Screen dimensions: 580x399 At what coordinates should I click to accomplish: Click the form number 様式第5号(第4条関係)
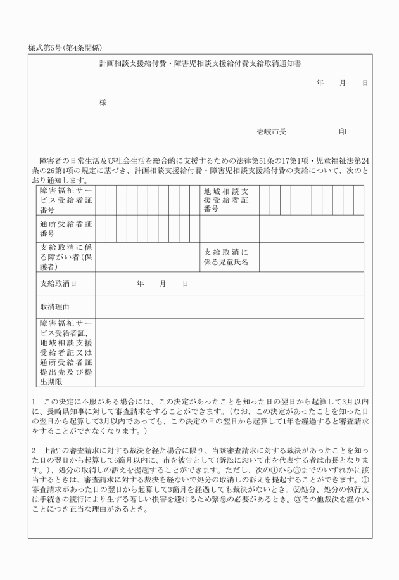pos(66,48)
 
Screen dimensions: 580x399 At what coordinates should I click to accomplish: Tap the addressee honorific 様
pos(103,103)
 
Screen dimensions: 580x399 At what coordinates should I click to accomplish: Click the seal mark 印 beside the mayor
pos(343,132)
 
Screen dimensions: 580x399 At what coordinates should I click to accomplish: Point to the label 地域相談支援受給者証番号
pos(226,200)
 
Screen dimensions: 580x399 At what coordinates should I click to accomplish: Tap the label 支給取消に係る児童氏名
pos(226,257)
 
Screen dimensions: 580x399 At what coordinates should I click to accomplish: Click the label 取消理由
pos(53,307)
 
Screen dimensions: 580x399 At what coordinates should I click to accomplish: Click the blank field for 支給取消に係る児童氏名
pos(311,257)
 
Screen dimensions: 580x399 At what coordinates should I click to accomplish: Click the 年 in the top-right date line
pos(320,83)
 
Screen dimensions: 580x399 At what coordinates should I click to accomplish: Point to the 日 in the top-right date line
pos(365,83)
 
